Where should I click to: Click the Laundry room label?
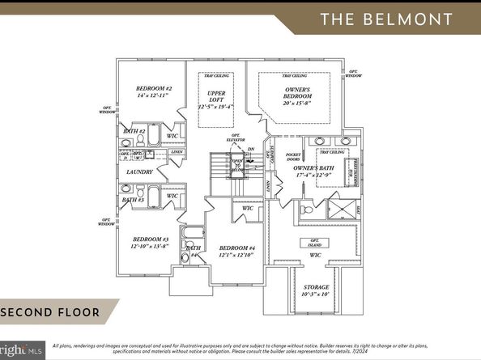coord(139,172)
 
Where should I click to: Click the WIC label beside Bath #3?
coord(172,196)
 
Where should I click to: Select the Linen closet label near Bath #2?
coord(177,152)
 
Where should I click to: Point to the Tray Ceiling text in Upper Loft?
coord(215,78)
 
